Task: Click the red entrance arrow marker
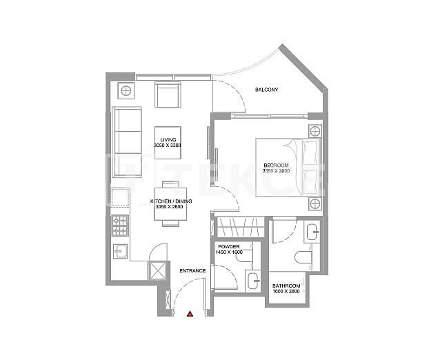[x=190, y=314]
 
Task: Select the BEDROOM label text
[x=275, y=164]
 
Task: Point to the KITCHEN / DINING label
[x=169, y=201]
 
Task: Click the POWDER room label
[x=228, y=246]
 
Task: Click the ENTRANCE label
[x=192, y=270]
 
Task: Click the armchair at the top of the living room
[x=168, y=94]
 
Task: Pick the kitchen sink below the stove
[x=120, y=251]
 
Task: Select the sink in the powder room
[x=252, y=280]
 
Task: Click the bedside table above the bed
[x=315, y=131]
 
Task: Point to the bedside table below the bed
[x=315, y=203]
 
